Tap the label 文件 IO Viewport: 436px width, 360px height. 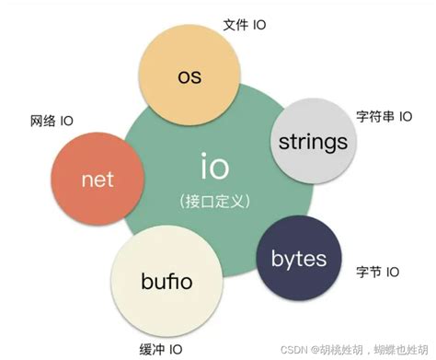[245, 25]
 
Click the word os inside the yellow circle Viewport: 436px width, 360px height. [189, 75]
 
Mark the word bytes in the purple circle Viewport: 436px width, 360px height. [298, 259]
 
